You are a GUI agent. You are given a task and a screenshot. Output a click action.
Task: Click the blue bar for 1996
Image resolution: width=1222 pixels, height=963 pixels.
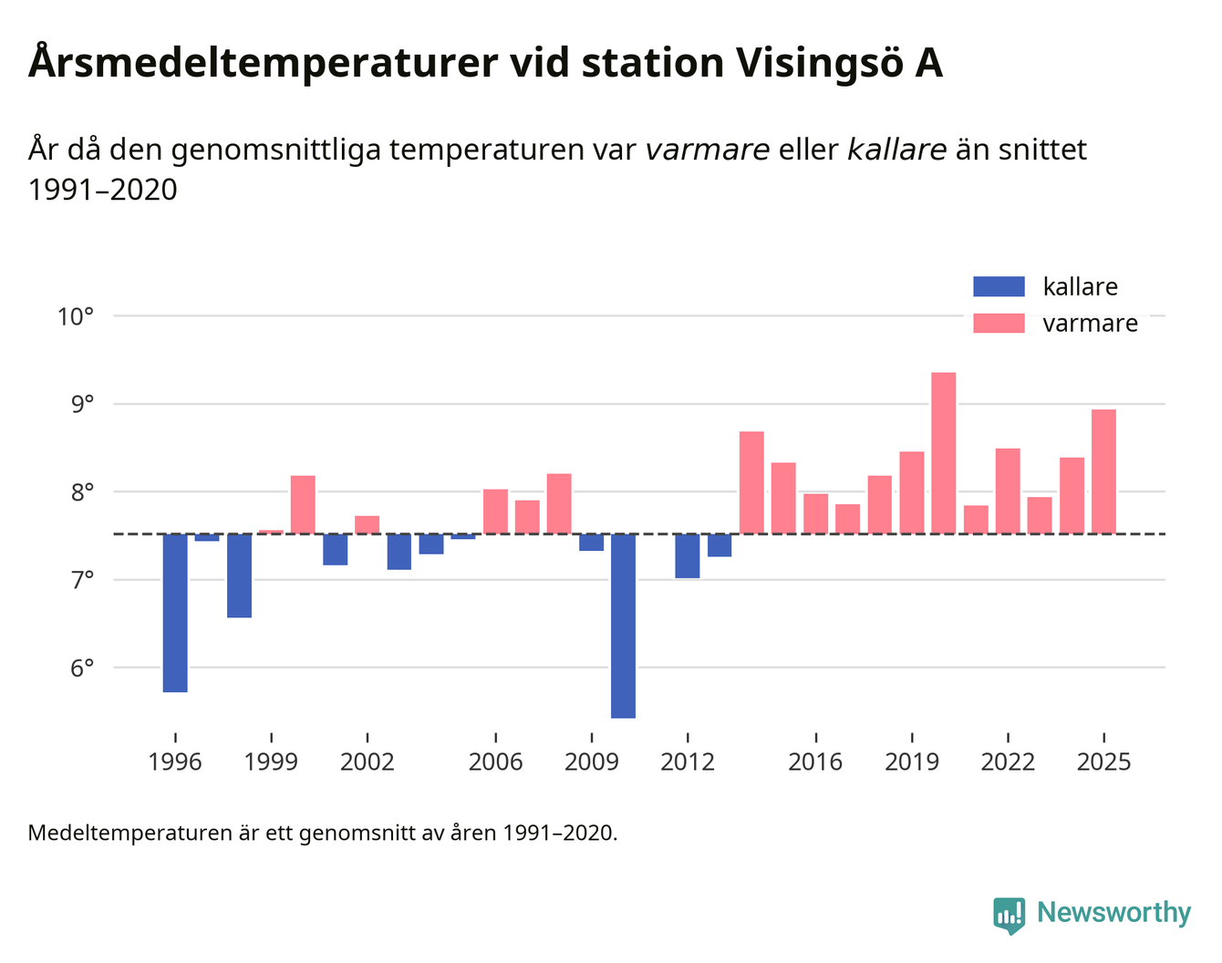click(175, 613)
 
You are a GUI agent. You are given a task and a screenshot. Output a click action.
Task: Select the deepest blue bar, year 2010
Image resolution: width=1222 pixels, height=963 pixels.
click(624, 626)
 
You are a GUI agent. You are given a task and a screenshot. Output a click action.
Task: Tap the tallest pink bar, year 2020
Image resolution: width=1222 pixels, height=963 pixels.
click(944, 453)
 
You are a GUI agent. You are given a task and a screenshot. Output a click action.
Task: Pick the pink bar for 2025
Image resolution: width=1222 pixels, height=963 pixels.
click(1103, 471)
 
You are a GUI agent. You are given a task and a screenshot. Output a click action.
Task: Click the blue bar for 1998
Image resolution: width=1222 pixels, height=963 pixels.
click(239, 575)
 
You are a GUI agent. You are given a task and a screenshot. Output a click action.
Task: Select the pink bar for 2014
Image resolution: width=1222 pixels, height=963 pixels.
click(751, 482)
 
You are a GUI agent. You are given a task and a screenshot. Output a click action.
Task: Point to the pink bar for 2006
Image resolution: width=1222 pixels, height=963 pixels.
click(495, 512)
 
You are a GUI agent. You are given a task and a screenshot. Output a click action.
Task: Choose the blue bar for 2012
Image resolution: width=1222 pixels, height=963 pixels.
click(688, 555)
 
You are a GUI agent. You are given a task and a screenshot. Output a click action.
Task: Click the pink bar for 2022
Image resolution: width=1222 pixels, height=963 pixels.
click(1008, 491)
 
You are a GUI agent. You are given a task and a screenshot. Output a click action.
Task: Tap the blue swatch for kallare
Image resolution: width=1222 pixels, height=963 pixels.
click(999, 286)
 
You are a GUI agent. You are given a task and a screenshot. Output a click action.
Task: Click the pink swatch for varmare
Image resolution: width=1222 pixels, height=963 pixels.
click(999, 323)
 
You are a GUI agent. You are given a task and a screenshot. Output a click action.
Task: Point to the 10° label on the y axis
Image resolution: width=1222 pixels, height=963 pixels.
click(76, 316)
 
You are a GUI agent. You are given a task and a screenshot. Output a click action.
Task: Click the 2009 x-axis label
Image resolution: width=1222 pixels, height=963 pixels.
click(591, 761)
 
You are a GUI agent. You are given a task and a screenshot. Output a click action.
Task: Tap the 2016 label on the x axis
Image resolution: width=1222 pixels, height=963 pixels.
click(815, 761)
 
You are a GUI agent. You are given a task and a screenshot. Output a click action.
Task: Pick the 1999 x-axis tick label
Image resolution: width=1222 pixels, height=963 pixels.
click(271, 761)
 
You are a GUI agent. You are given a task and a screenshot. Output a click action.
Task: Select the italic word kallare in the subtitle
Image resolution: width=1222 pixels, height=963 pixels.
click(896, 150)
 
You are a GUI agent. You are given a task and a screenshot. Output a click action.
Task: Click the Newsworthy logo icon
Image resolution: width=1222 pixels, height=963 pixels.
click(1010, 915)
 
